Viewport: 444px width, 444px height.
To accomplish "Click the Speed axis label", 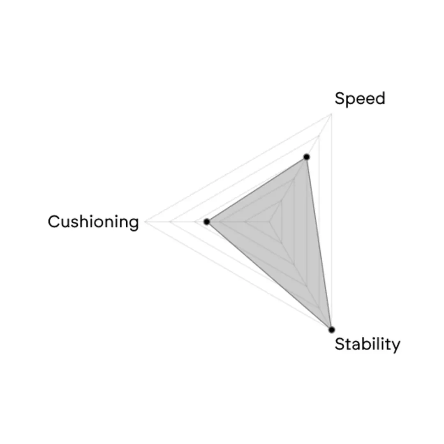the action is pyautogui.click(x=360, y=99).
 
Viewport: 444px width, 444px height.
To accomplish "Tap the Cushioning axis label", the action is pyautogui.click(x=93, y=222).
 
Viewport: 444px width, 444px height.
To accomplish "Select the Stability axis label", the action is pyautogui.click(x=368, y=345).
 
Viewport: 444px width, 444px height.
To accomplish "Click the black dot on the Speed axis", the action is pyautogui.click(x=306, y=157).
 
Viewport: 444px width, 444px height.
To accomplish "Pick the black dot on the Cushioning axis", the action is pyautogui.click(x=207, y=222).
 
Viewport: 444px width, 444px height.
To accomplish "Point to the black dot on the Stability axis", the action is pyautogui.click(x=332, y=330).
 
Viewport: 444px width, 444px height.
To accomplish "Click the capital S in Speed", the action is pyautogui.click(x=339, y=98).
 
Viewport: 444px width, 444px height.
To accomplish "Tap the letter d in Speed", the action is pyautogui.click(x=380, y=98).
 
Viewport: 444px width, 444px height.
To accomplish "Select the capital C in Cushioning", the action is pyautogui.click(x=53, y=222).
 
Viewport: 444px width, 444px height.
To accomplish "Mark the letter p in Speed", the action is pyautogui.click(x=350, y=101).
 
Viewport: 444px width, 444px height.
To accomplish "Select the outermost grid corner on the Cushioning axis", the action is pyautogui.click(x=145, y=222).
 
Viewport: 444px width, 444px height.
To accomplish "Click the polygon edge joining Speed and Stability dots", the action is pyautogui.click(x=319, y=243).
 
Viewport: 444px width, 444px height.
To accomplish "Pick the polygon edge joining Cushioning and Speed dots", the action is pyautogui.click(x=257, y=189).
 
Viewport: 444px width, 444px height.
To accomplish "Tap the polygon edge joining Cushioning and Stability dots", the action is pyautogui.click(x=269, y=276).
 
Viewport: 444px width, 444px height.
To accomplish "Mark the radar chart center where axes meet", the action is pyautogui.click(x=269, y=222).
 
